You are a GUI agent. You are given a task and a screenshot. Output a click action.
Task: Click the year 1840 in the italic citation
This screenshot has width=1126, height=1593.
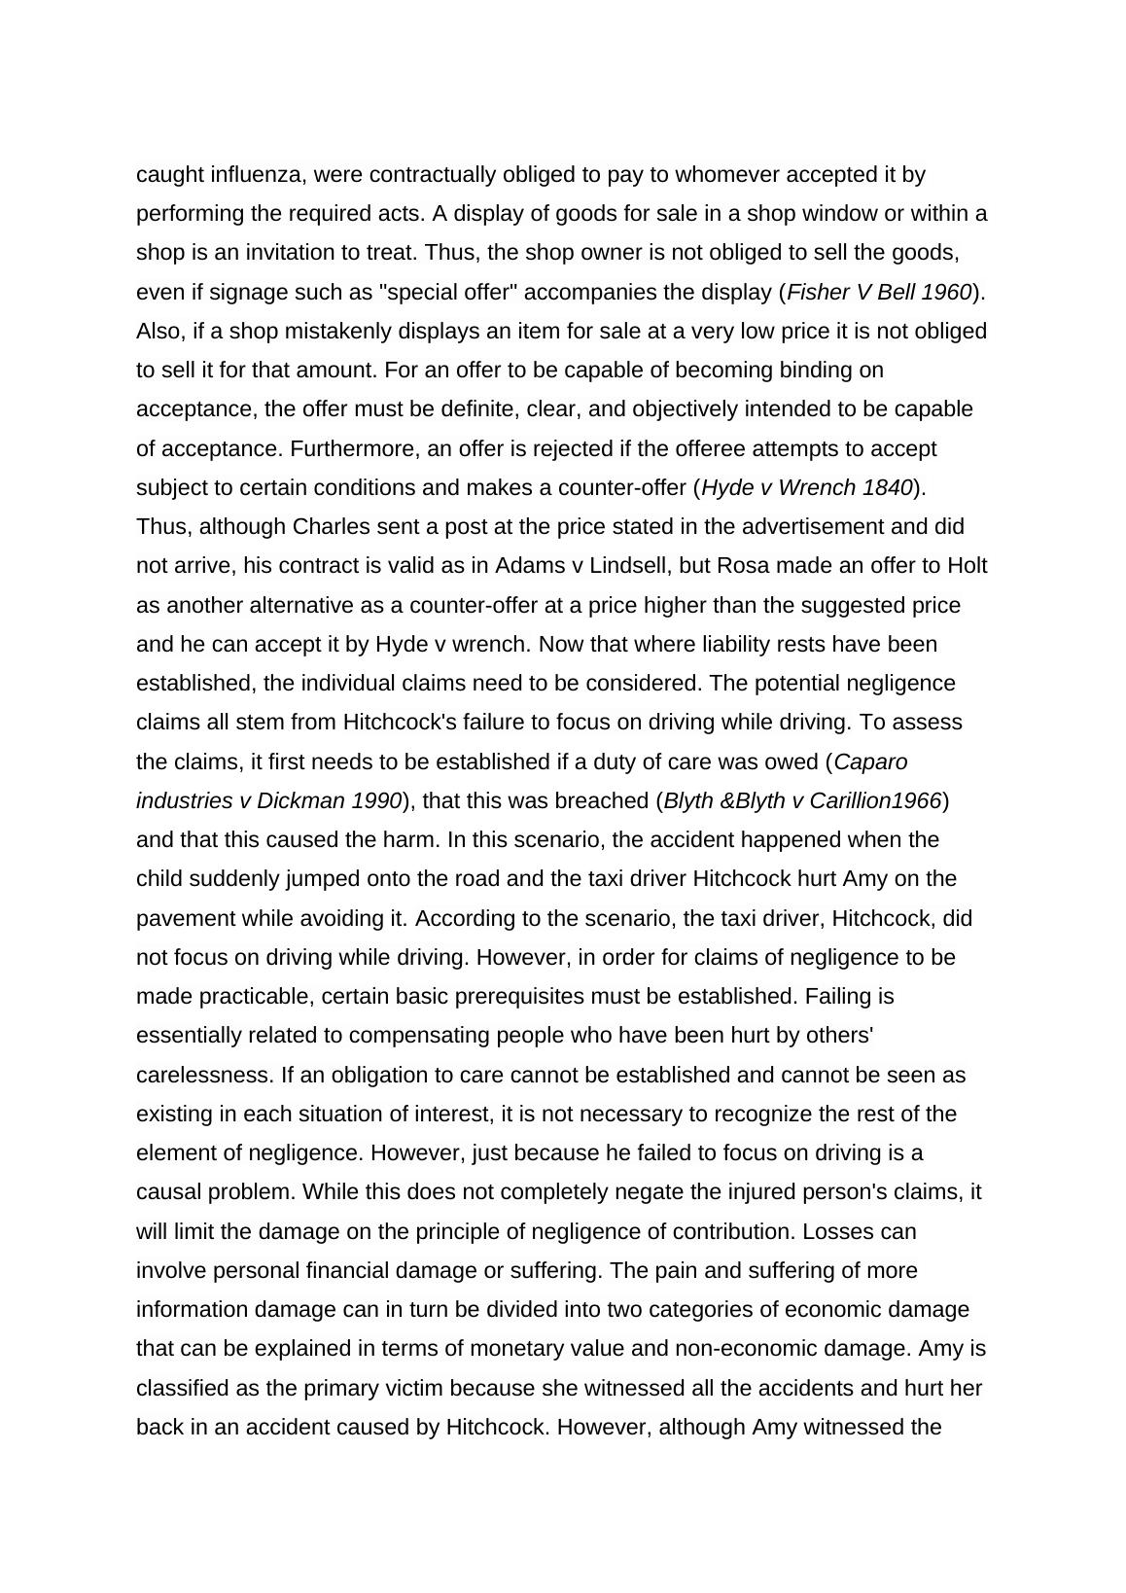(886, 488)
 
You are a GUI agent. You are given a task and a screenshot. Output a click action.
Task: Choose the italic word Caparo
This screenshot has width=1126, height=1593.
(870, 761)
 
